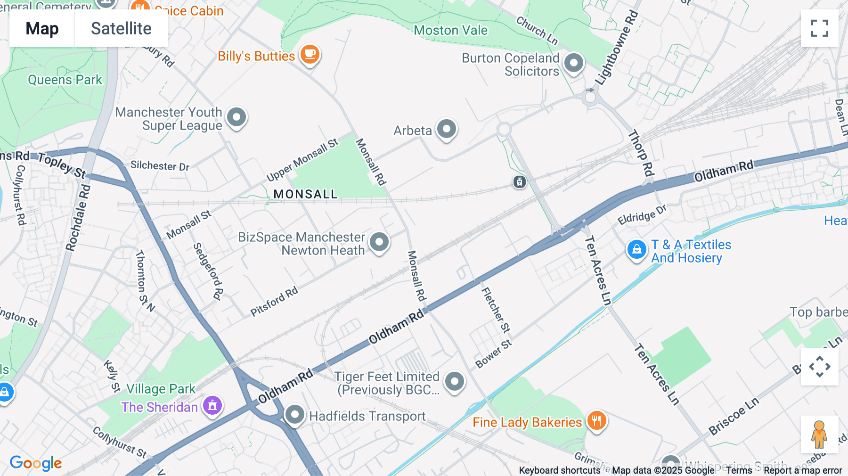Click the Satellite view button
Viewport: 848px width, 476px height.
(121, 29)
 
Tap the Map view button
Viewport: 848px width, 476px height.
(42, 29)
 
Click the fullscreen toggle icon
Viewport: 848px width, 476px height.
(819, 28)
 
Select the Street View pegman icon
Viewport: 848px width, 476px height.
(819, 434)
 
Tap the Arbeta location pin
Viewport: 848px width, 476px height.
(446, 129)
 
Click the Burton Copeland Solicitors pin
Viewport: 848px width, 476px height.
(573, 63)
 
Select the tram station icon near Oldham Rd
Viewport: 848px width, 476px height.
(519, 181)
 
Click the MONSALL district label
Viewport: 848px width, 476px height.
(305, 194)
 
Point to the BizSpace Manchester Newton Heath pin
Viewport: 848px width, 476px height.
(379, 242)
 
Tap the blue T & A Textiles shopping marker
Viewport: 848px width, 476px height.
(636, 249)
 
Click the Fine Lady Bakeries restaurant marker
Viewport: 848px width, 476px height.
(596, 420)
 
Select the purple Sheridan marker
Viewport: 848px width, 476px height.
(212, 405)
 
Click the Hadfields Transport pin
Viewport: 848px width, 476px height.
(295, 415)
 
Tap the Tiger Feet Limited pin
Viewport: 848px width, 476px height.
(455, 381)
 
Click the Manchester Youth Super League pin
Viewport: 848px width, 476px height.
(236, 117)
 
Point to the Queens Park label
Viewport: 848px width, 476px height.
(65, 80)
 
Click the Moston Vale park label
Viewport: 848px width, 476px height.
(450, 31)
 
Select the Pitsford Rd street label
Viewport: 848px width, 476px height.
(274, 302)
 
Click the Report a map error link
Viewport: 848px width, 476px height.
(803, 470)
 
